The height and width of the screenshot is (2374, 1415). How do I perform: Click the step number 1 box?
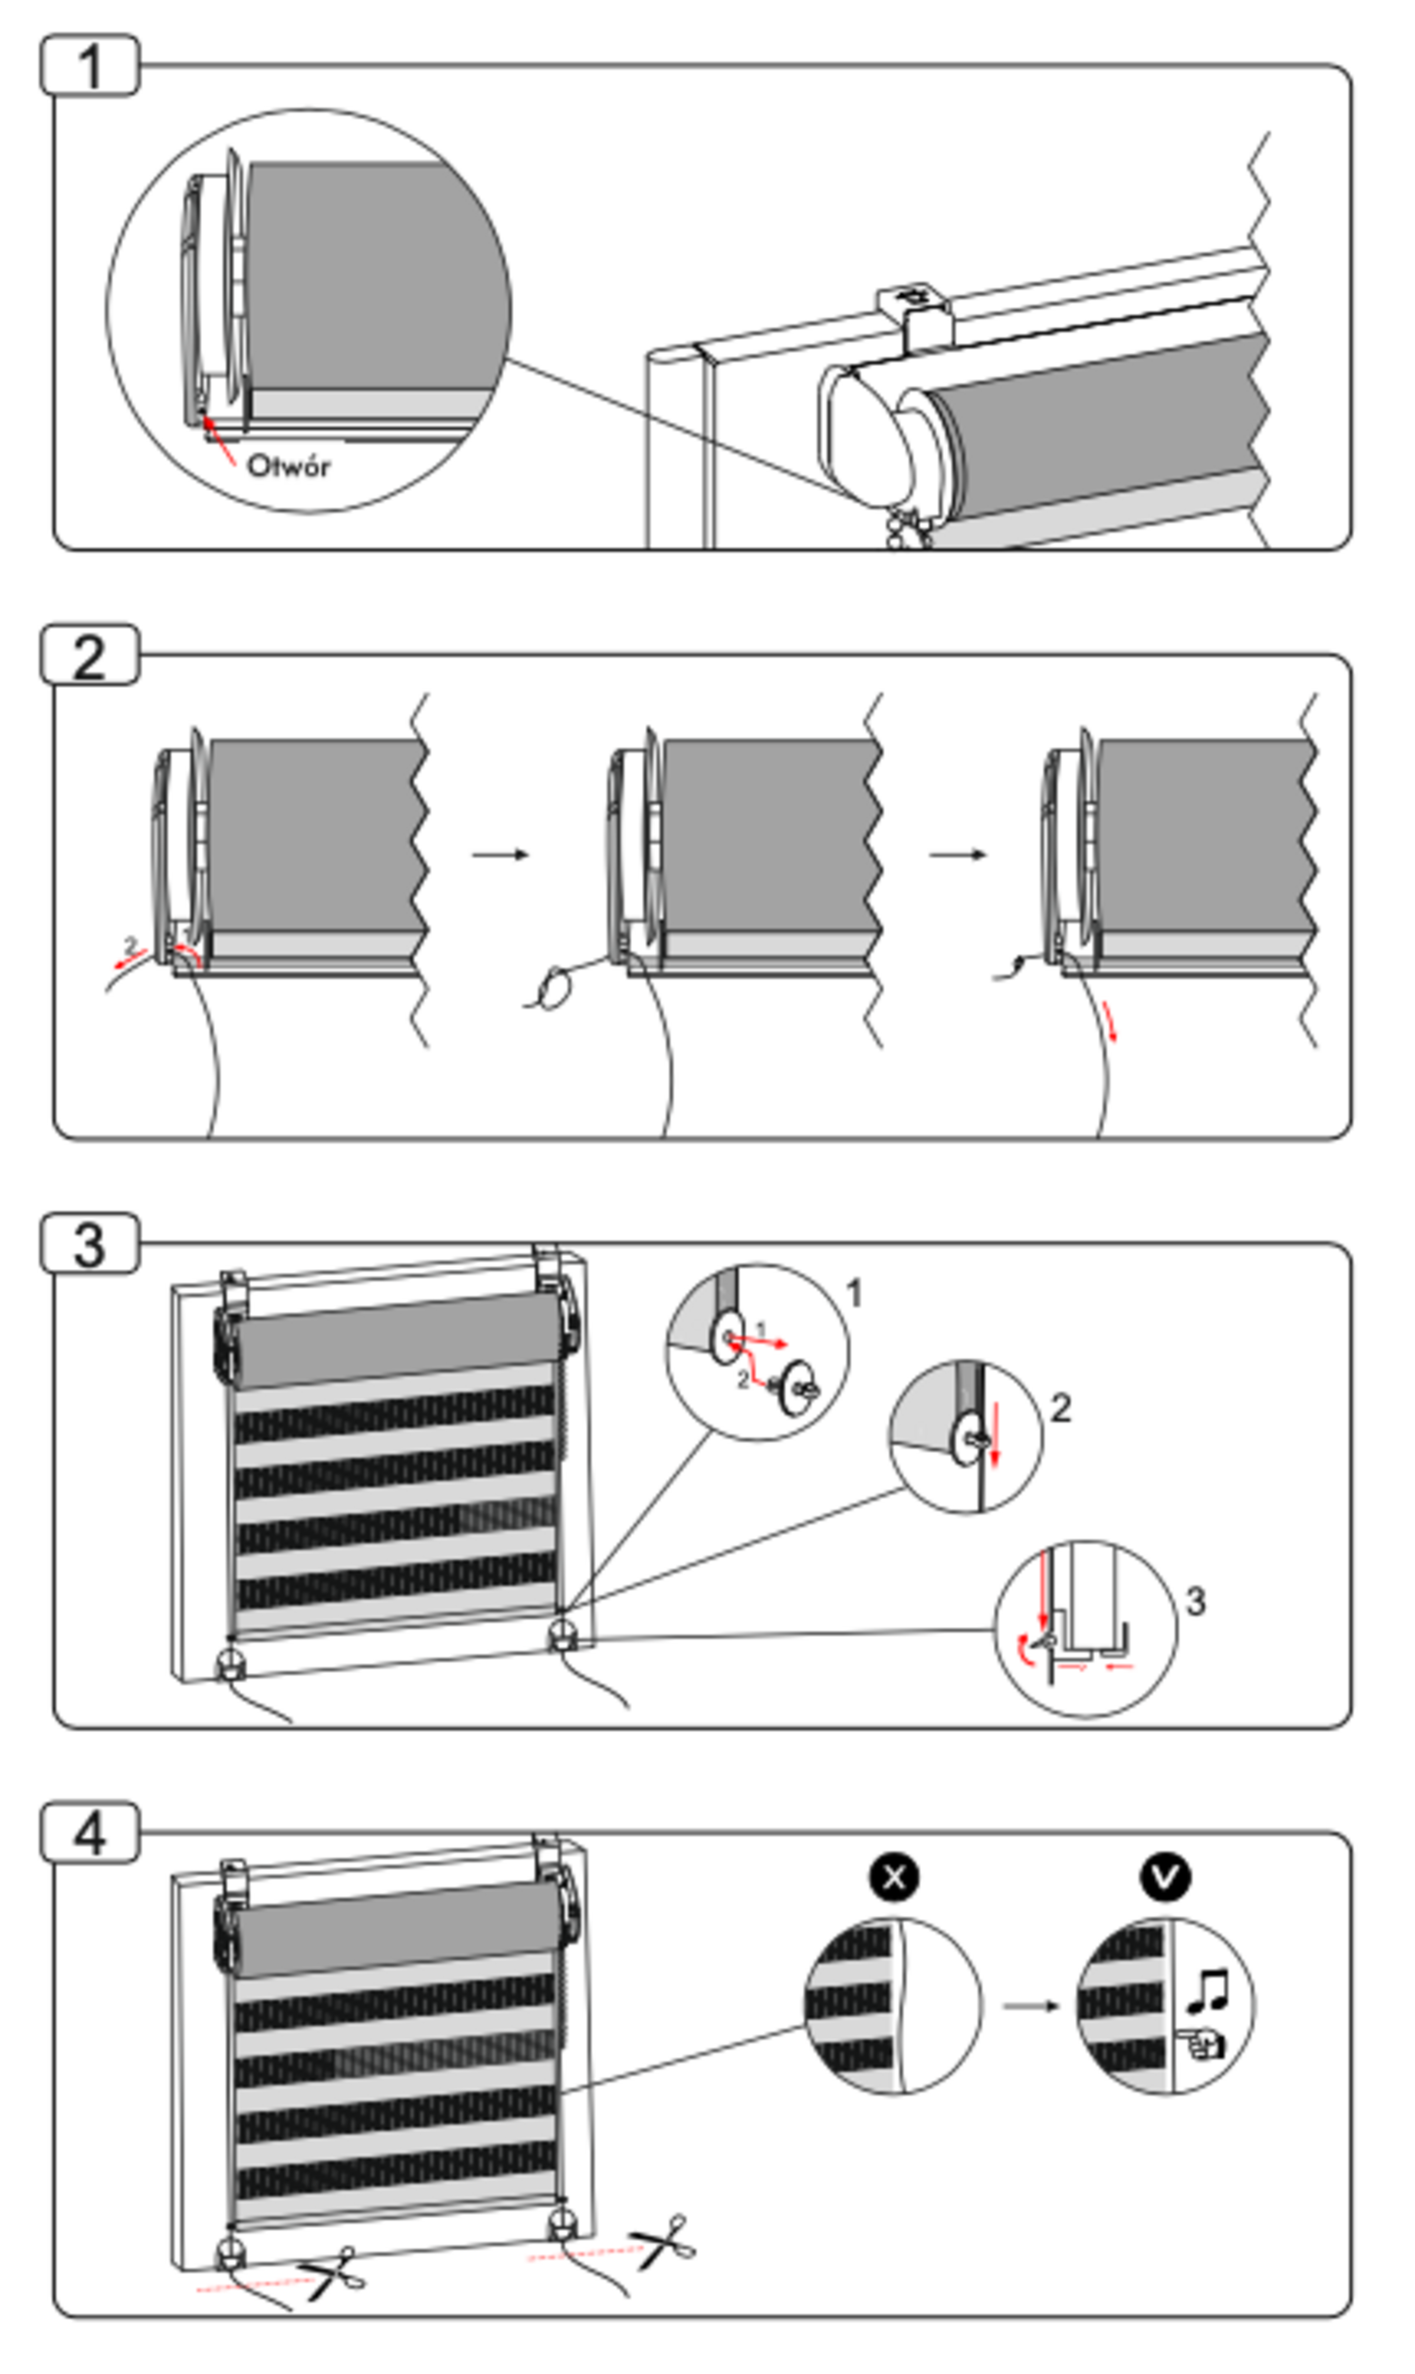[89, 67]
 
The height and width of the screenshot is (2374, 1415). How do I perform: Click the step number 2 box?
[89, 657]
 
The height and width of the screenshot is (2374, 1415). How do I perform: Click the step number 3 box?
[89, 1245]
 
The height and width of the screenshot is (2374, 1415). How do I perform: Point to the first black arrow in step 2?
[501, 855]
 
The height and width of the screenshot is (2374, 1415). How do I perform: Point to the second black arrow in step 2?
[958, 855]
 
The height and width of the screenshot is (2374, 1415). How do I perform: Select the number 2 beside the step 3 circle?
[1060, 1408]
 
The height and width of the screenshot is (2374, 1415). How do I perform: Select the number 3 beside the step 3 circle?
[1195, 1601]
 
